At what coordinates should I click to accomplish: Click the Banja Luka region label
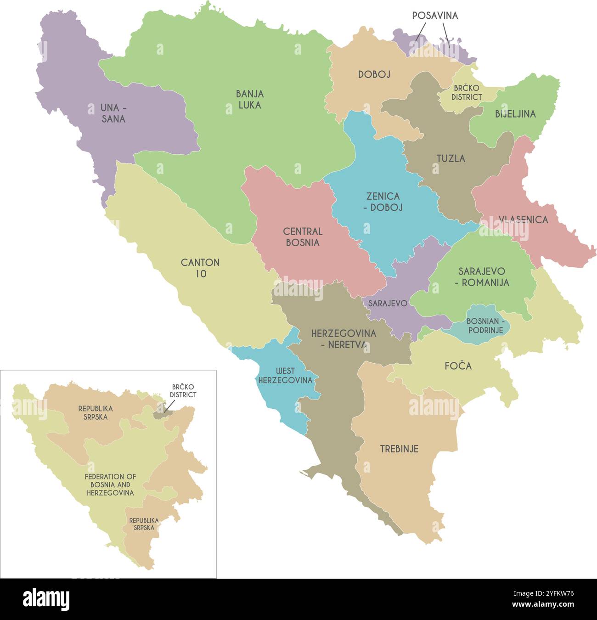tap(250, 99)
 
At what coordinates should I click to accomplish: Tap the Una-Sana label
tap(113, 113)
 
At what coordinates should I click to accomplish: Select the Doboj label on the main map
tap(374, 74)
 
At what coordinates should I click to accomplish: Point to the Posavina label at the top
tap(434, 16)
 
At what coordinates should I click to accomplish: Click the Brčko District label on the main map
tap(467, 92)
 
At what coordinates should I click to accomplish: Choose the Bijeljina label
tap(515, 114)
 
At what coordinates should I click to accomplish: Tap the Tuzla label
tap(451, 158)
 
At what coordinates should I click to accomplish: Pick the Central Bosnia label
tap(303, 237)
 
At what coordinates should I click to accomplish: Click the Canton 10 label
tap(200, 268)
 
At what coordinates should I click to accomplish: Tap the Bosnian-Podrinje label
tap(485, 326)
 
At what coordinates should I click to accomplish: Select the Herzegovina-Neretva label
tap(344, 339)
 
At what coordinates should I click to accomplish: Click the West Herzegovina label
tap(285, 375)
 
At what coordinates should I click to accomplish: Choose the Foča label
tap(458, 366)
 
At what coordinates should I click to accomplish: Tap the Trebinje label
tap(399, 449)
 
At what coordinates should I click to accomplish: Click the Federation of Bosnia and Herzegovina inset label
tap(110, 485)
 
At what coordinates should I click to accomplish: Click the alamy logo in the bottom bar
tap(46, 599)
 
